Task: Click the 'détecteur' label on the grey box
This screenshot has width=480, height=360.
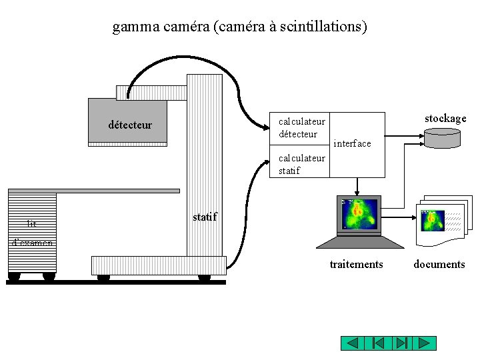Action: click(x=130, y=125)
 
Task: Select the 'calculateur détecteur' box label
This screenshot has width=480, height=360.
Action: click(x=301, y=127)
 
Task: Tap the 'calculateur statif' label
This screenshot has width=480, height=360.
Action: click(x=301, y=164)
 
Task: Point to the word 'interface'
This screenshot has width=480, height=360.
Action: click(x=352, y=143)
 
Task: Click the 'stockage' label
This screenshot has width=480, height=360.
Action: click(x=445, y=119)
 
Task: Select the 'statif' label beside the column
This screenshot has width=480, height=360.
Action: click(x=205, y=217)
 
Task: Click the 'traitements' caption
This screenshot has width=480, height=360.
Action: click(x=356, y=265)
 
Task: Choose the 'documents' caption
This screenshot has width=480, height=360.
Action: click(x=439, y=265)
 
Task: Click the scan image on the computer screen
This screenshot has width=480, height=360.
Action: click(x=359, y=213)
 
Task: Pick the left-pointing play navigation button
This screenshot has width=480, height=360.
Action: click(x=353, y=344)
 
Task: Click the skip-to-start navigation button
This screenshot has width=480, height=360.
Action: click(x=377, y=344)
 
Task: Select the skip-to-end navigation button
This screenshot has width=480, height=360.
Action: click(x=401, y=344)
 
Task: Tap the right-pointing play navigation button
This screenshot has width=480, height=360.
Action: click(x=424, y=344)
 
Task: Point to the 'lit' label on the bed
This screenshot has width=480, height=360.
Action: click(x=31, y=224)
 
